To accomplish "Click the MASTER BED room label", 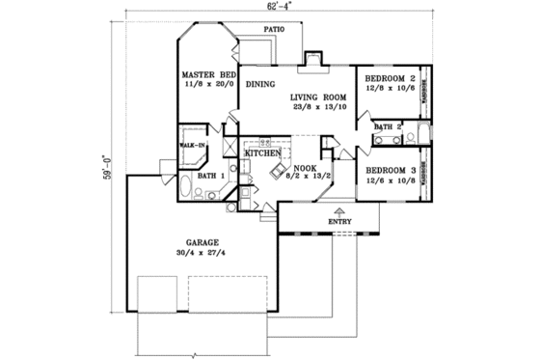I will pyautogui.click(x=208, y=75).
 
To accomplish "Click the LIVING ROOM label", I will pyautogui.click(x=317, y=97).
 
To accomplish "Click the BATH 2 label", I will pyautogui.click(x=388, y=126).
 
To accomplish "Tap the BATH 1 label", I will pyautogui.click(x=210, y=176).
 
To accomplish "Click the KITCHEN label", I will pyautogui.click(x=262, y=153).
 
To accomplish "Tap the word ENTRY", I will pyautogui.click(x=340, y=220).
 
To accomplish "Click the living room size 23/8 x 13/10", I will pyautogui.click(x=318, y=107).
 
